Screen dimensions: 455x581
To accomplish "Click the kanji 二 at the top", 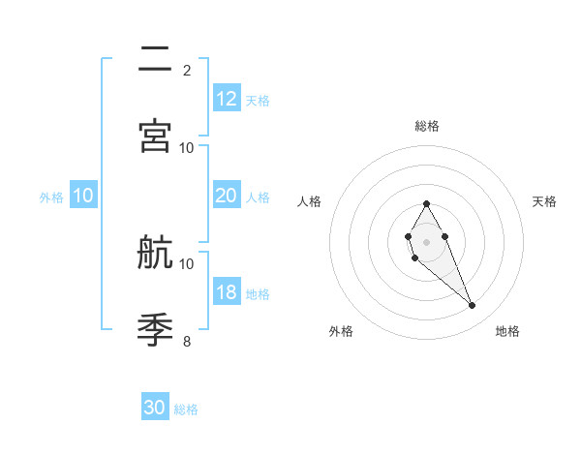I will click(x=155, y=60).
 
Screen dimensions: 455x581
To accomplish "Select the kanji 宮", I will click(x=155, y=136).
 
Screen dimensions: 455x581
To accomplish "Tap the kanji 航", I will click(x=155, y=254).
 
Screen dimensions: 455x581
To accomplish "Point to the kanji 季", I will click(x=155, y=329).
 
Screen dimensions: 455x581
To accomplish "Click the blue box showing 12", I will click(x=227, y=99).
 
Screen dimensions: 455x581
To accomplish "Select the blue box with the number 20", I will click(x=227, y=196).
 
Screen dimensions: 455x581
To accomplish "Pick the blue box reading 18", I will click(x=227, y=292).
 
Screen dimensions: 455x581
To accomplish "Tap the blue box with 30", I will click(x=155, y=409).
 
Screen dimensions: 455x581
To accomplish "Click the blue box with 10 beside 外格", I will click(x=83, y=196).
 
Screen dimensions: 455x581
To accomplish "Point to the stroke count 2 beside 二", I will click(x=187, y=70).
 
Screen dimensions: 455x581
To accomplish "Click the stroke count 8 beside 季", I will click(x=187, y=341).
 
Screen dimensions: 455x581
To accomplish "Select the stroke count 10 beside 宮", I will click(x=187, y=147).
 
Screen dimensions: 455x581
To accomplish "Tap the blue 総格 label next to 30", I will click(x=187, y=409).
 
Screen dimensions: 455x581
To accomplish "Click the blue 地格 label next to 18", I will click(x=258, y=293).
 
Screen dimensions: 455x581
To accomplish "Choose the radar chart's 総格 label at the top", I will click(x=427, y=126).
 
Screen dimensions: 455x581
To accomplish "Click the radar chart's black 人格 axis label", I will click(x=310, y=201).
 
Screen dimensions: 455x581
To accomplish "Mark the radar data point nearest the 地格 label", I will click(x=473, y=306).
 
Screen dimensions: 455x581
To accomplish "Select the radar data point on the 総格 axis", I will click(x=427, y=203).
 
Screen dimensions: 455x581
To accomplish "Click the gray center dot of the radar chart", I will click(x=427, y=240).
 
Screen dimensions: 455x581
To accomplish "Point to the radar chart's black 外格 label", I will click(x=341, y=331).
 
